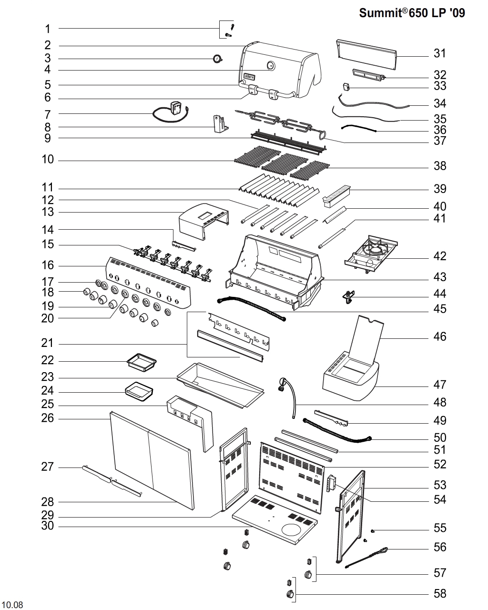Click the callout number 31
(439, 53)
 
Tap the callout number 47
(439, 385)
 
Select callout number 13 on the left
(48, 212)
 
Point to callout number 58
(439, 593)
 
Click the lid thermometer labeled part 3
(218, 59)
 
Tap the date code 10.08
(13, 605)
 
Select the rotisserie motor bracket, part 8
(219, 124)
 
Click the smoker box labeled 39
(336, 195)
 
